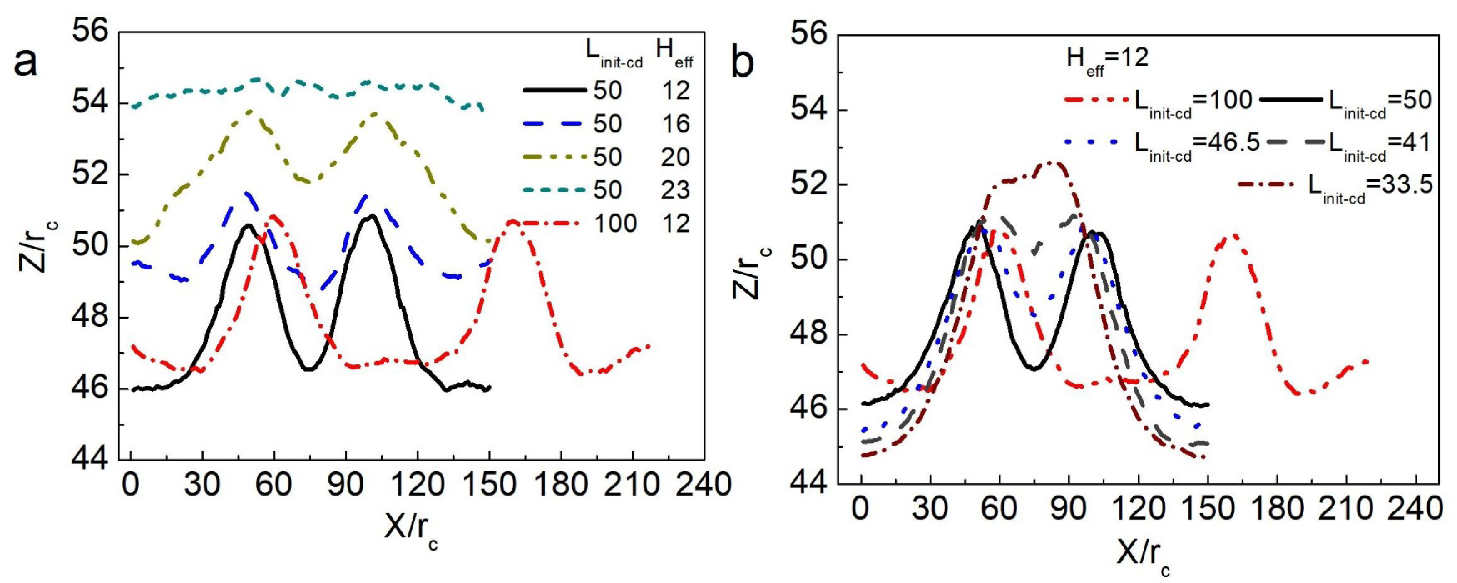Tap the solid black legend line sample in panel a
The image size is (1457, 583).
point(555,90)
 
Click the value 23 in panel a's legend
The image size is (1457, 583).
point(675,189)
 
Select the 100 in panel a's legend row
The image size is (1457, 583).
point(615,224)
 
